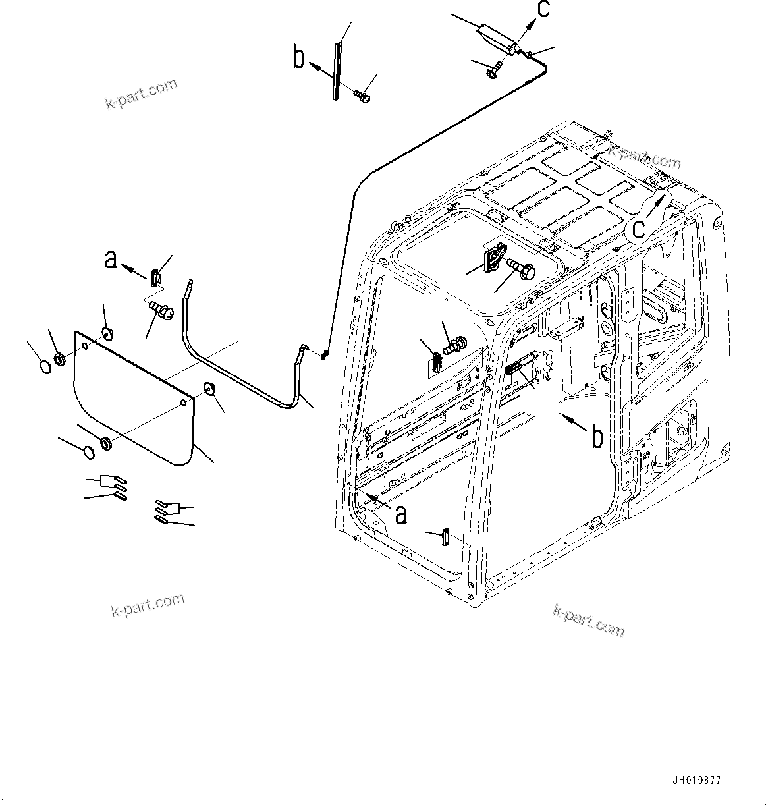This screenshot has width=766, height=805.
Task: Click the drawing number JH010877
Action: point(696,781)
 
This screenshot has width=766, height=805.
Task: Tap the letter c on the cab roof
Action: point(638,228)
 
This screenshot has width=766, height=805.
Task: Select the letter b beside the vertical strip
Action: point(300,57)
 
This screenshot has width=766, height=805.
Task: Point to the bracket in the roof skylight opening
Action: point(493,256)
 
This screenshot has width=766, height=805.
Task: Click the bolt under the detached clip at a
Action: point(160,308)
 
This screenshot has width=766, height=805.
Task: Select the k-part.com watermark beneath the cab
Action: point(588,621)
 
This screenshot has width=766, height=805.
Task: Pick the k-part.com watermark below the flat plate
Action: point(148,604)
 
